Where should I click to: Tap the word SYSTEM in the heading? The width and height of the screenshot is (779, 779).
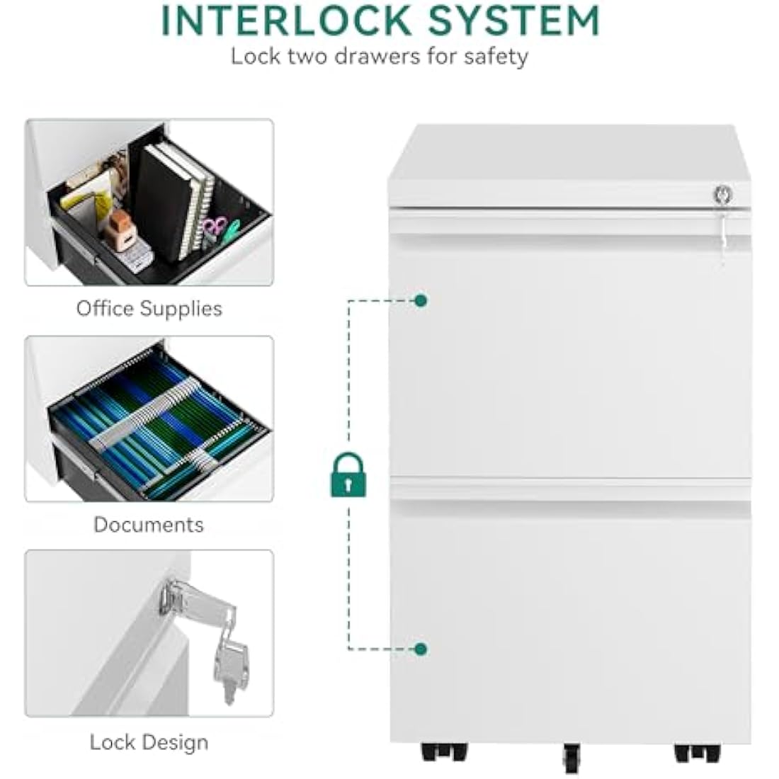(514, 20)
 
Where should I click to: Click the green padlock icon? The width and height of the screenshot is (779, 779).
(348, 475)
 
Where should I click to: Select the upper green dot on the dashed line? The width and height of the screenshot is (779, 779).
(421, 300)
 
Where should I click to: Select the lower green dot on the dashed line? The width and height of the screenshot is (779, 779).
(421, 649)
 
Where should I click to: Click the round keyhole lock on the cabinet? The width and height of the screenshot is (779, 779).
(723, 194)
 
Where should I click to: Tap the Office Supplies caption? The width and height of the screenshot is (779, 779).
(149, 309)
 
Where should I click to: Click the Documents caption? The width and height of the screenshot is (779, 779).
(149, 525)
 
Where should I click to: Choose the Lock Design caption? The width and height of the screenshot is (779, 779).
(149, 743)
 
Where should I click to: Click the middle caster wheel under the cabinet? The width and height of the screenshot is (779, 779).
(572, 758)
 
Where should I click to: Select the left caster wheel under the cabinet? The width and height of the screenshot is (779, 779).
(444, 752)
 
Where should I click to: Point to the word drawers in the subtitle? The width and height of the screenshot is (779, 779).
(377, 57)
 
